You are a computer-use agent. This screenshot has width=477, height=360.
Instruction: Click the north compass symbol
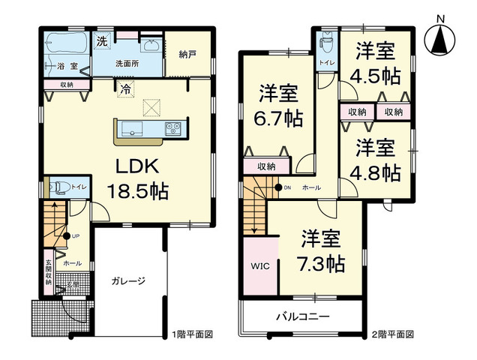(x=440, y=37)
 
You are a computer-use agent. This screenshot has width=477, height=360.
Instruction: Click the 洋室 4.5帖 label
(x=376, y=64)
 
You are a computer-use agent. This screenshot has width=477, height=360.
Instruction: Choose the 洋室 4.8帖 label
(x=376, y=158)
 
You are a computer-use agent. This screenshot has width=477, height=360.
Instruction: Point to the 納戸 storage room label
(x=188, y=53)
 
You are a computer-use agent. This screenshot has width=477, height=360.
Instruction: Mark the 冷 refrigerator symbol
(x=125, y=88)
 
